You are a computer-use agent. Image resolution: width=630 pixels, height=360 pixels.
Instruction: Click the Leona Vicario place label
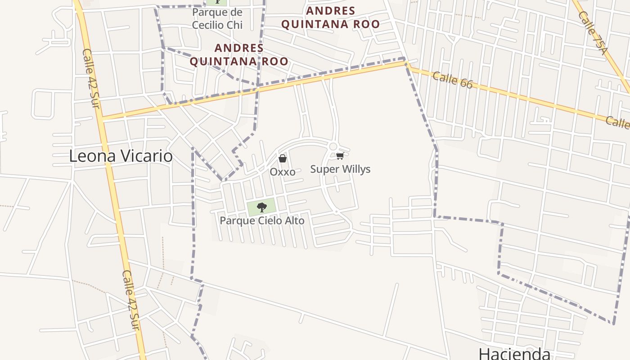coord(121,156)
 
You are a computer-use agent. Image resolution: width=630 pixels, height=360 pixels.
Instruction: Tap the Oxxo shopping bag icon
coord(282,158)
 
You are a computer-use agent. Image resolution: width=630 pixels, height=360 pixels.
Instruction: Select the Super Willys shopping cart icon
coord(340,156)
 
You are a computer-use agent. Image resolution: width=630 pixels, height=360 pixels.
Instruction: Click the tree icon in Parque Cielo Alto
coord(261,207)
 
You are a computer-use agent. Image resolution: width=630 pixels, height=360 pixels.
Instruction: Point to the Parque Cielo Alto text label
coord(261,221)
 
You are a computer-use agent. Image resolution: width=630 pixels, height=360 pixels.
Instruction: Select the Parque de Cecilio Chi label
coord(217,18)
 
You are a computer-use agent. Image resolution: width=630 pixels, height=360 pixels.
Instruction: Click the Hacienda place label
coord(514,353)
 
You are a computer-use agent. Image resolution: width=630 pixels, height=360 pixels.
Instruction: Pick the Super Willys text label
coord(340,169)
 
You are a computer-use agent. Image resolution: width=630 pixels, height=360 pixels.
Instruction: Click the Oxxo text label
coord(282,172)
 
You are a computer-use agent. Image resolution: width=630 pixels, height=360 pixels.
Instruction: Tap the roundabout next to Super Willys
coord(333,146)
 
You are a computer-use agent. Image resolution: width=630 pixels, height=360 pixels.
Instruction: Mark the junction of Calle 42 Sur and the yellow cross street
coord(103,119)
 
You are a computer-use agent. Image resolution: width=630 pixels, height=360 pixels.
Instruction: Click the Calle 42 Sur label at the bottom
coord(131,299)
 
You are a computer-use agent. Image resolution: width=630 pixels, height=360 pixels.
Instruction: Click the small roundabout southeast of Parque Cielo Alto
coord(336,211)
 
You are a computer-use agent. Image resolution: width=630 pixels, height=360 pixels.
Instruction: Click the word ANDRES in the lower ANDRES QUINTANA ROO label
coord(239,48)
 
